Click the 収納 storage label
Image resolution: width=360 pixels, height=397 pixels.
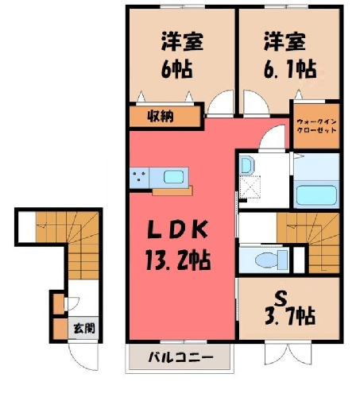coord(161,116)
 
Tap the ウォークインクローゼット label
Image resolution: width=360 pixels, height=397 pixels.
coord(316,126)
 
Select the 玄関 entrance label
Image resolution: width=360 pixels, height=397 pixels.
coord(84,329)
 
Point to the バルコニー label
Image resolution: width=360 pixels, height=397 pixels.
coord(181,357)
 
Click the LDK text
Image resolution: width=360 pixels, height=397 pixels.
coord(178,229)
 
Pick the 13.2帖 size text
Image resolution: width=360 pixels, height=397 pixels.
coord(178,260)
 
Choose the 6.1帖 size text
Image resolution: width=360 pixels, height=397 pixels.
coord(290,69)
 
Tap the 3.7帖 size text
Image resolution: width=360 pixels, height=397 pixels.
coord(290,316)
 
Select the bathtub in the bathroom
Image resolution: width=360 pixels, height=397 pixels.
coord(316,195)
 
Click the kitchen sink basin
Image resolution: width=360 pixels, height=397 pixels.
coord(174,176)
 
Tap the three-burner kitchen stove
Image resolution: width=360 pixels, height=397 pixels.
coord(139,177)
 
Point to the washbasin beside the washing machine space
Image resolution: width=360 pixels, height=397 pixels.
coord(246,165)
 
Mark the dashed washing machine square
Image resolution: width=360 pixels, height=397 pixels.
coord(250,187)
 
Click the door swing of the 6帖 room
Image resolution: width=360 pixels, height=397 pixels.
coord(220,103)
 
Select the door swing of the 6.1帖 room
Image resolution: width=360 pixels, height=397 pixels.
coord(256,103)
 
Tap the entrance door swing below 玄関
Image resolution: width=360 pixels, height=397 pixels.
coord(83,357)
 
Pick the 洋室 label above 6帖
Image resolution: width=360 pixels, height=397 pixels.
coord(182,41)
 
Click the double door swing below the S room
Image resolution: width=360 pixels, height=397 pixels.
coord(289,353)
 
